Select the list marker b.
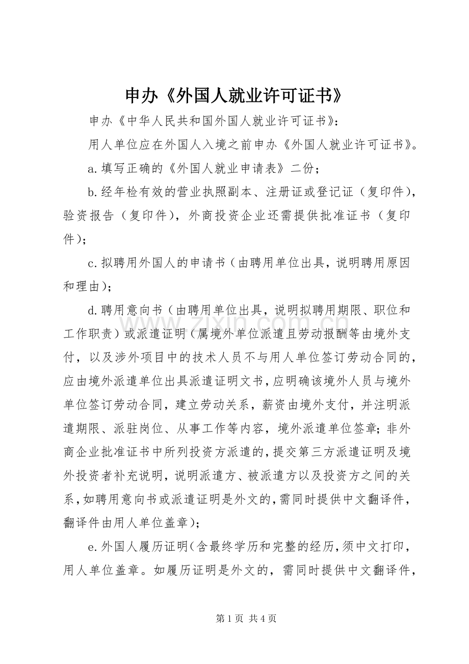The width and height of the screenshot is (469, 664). click(92, 192)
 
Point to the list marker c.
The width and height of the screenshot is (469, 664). click(92, 263)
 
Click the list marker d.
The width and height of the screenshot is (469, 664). click(92, 310)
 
